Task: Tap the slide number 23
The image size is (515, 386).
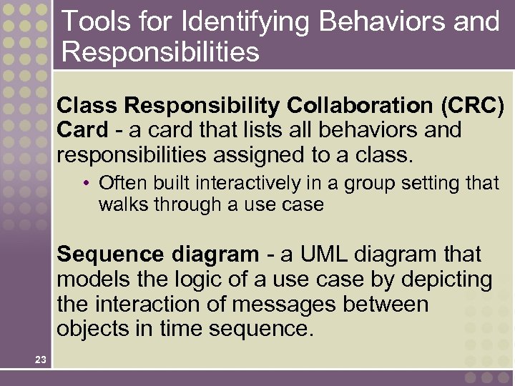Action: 40,360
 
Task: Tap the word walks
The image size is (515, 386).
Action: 120,204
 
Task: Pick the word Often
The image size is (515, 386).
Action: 121,184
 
